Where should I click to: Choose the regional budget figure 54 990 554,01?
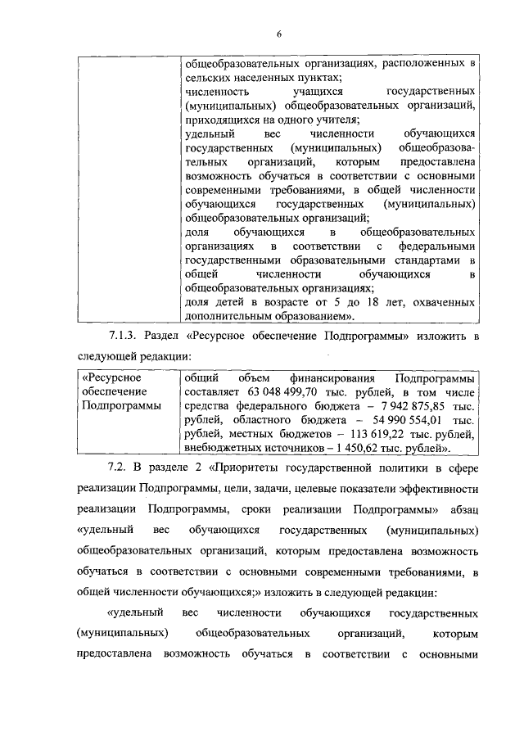pyautogui.click(x=402, y=420)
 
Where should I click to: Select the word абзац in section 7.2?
pyautogui.click(x=461, y=509)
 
